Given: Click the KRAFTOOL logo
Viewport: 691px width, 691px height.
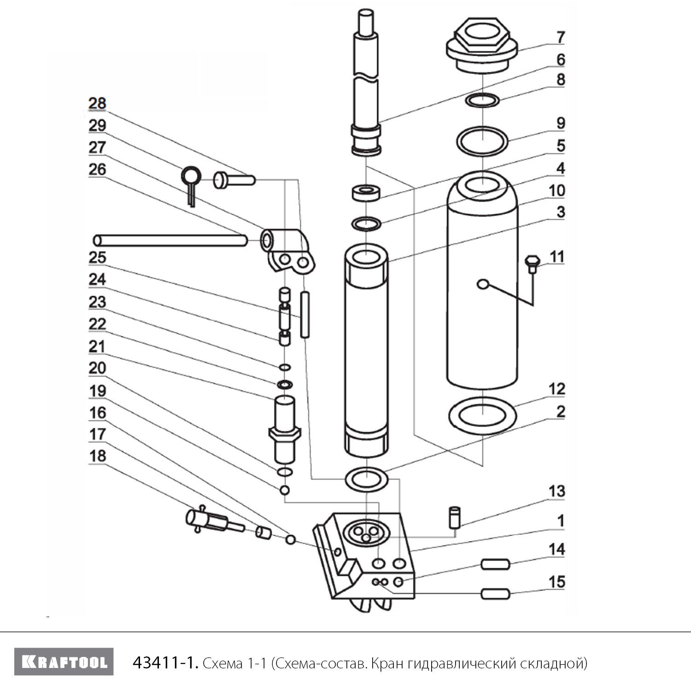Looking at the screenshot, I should [x=64, y=662].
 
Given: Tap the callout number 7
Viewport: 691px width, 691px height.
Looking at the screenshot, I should [x=560, y=37].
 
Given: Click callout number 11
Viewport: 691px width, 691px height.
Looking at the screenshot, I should [x=557, y=257].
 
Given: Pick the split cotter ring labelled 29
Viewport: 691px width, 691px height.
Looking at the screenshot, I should [x=190, y=177].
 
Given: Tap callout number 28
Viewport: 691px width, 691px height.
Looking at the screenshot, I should [x=97, y=103].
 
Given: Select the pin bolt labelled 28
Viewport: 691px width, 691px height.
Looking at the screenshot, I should [x=234, y=179].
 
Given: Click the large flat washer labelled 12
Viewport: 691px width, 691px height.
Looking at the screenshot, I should [x=482, y=415].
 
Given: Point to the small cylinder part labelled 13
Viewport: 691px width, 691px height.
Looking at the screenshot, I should [x=455, y=516].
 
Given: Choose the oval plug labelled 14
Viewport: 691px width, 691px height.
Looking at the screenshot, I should [x=496, y=564].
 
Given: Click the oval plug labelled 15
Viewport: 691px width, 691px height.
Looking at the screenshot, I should [x=496, y=594].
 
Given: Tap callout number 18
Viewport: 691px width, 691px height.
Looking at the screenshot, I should [x=97, y=456].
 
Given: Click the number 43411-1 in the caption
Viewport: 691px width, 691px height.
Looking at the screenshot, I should [x=165, y=663].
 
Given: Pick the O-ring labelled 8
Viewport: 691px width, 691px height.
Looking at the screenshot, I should [x=482, y=100].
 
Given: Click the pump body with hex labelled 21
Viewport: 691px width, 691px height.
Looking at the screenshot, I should [x=284, y=431].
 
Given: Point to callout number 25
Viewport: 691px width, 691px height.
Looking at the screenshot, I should [x=97, y=257].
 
